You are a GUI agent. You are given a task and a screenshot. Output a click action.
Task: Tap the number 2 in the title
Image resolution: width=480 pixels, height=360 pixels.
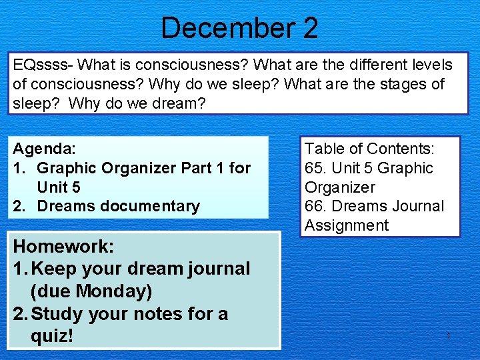click(x=309, y=28)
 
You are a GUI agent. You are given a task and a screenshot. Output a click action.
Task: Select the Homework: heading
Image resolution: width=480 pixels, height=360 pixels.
click(x=64, y=246)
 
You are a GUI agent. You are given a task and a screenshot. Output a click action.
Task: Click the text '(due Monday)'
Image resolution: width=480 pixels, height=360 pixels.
click(x=91, y=291)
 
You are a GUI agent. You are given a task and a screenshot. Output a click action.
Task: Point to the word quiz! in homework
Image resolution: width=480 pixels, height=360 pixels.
click(x=52, y=336)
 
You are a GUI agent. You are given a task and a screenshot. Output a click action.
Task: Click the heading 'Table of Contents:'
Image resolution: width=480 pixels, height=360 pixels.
click(x=369, y=149)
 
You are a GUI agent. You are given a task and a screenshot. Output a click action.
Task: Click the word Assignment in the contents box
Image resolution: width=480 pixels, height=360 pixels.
click(x=347, y=225)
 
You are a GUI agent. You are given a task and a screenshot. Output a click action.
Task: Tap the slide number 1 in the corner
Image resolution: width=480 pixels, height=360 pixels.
click(x=449, y=336)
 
